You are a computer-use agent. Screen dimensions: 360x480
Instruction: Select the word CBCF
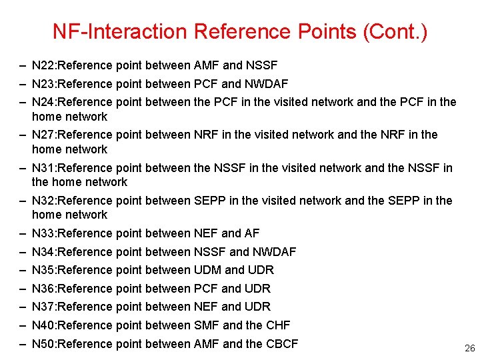pyautogui.click(x=281, y=344)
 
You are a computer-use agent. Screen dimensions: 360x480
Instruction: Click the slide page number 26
pyautogui.click(x=469, y=348)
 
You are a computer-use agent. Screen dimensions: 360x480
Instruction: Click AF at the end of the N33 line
pyautogui.click(x=252, y=233)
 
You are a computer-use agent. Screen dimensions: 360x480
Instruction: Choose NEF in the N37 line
pyautogui.click(x=205, y=307)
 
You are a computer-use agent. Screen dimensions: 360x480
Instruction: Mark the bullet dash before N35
pyautogui.click(x=23, y=270)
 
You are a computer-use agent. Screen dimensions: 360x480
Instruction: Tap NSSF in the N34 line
pyautogui.click(x=209, y=252)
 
